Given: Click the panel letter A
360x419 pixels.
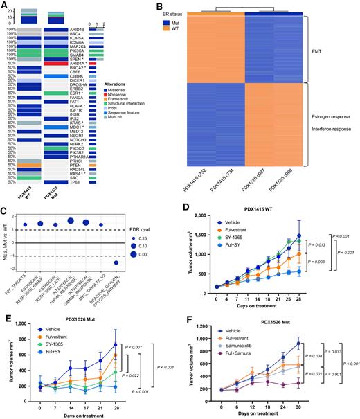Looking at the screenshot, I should [5, 6].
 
